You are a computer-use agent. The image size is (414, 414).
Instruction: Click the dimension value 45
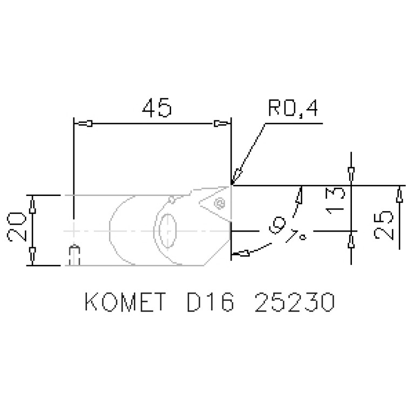[157, 108]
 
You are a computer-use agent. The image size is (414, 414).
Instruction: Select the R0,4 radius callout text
[292, 110]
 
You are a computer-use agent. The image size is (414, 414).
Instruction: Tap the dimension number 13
[336, 200]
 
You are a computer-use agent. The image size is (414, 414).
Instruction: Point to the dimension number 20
[17, 227]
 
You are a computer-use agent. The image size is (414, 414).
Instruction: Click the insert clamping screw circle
[219, 203]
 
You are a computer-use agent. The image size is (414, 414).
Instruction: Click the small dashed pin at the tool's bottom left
[76, 255]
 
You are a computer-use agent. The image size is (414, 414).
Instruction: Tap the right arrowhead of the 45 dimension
[221, 124]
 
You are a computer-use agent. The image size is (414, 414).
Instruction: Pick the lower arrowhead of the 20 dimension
[32, 252]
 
